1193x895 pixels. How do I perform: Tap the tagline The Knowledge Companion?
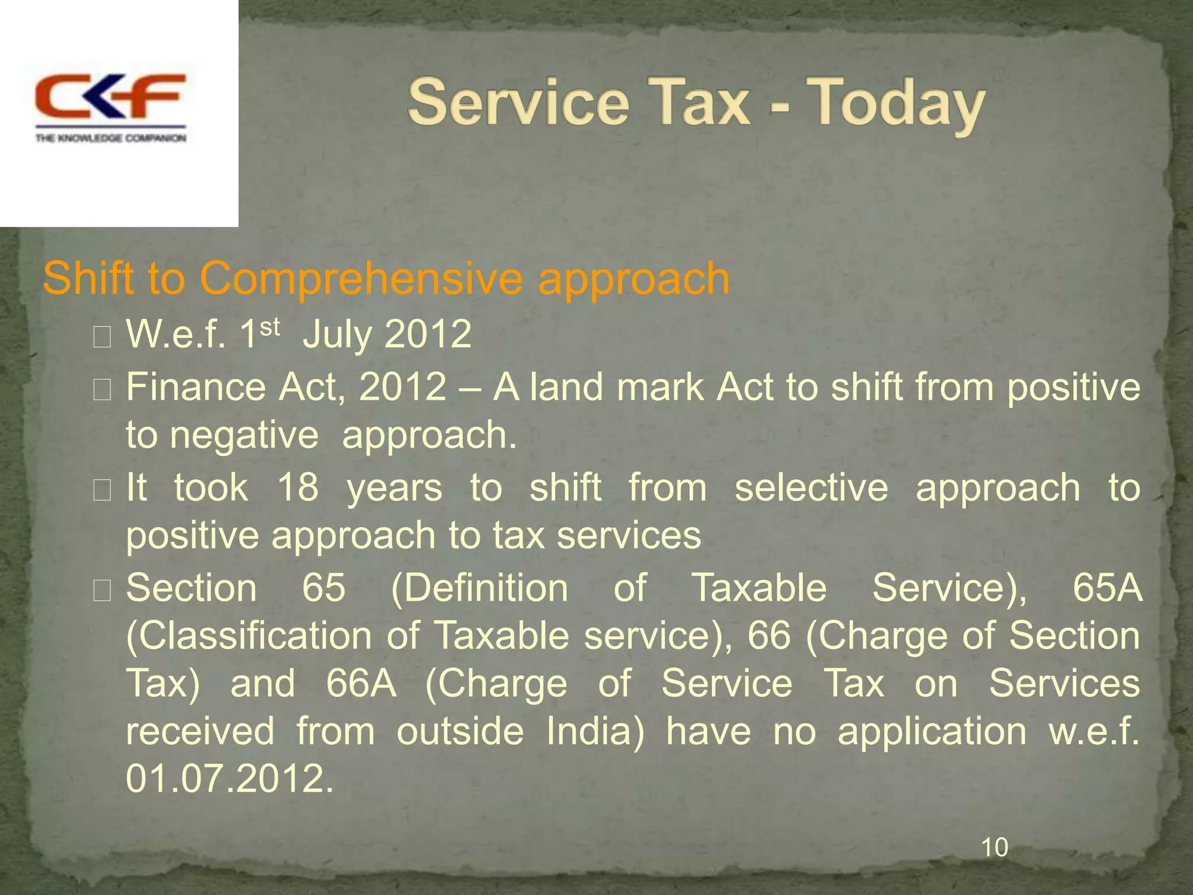click(111, 138)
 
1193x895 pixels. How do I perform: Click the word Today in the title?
click(896, 104)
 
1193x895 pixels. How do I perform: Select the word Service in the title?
click(518, 104)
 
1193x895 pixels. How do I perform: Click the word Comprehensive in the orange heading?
click(361, 279)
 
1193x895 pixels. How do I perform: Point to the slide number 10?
click(994, 847)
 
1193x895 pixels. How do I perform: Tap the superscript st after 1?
click(270, 327)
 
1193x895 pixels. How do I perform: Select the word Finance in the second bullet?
click(196, 387)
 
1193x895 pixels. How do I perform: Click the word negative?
click(244, 435)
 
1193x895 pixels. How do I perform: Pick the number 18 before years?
click(298, 487)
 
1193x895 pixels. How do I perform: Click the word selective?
click(811, 487)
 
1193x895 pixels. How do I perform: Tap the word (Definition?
click(479, 587)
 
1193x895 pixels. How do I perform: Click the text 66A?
click(361, 683)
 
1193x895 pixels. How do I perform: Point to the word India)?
click(596, 731)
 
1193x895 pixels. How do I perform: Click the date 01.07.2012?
click(230, 778)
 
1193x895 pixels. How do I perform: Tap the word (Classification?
click(249, 635)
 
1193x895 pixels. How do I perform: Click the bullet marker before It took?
click(102, 491)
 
